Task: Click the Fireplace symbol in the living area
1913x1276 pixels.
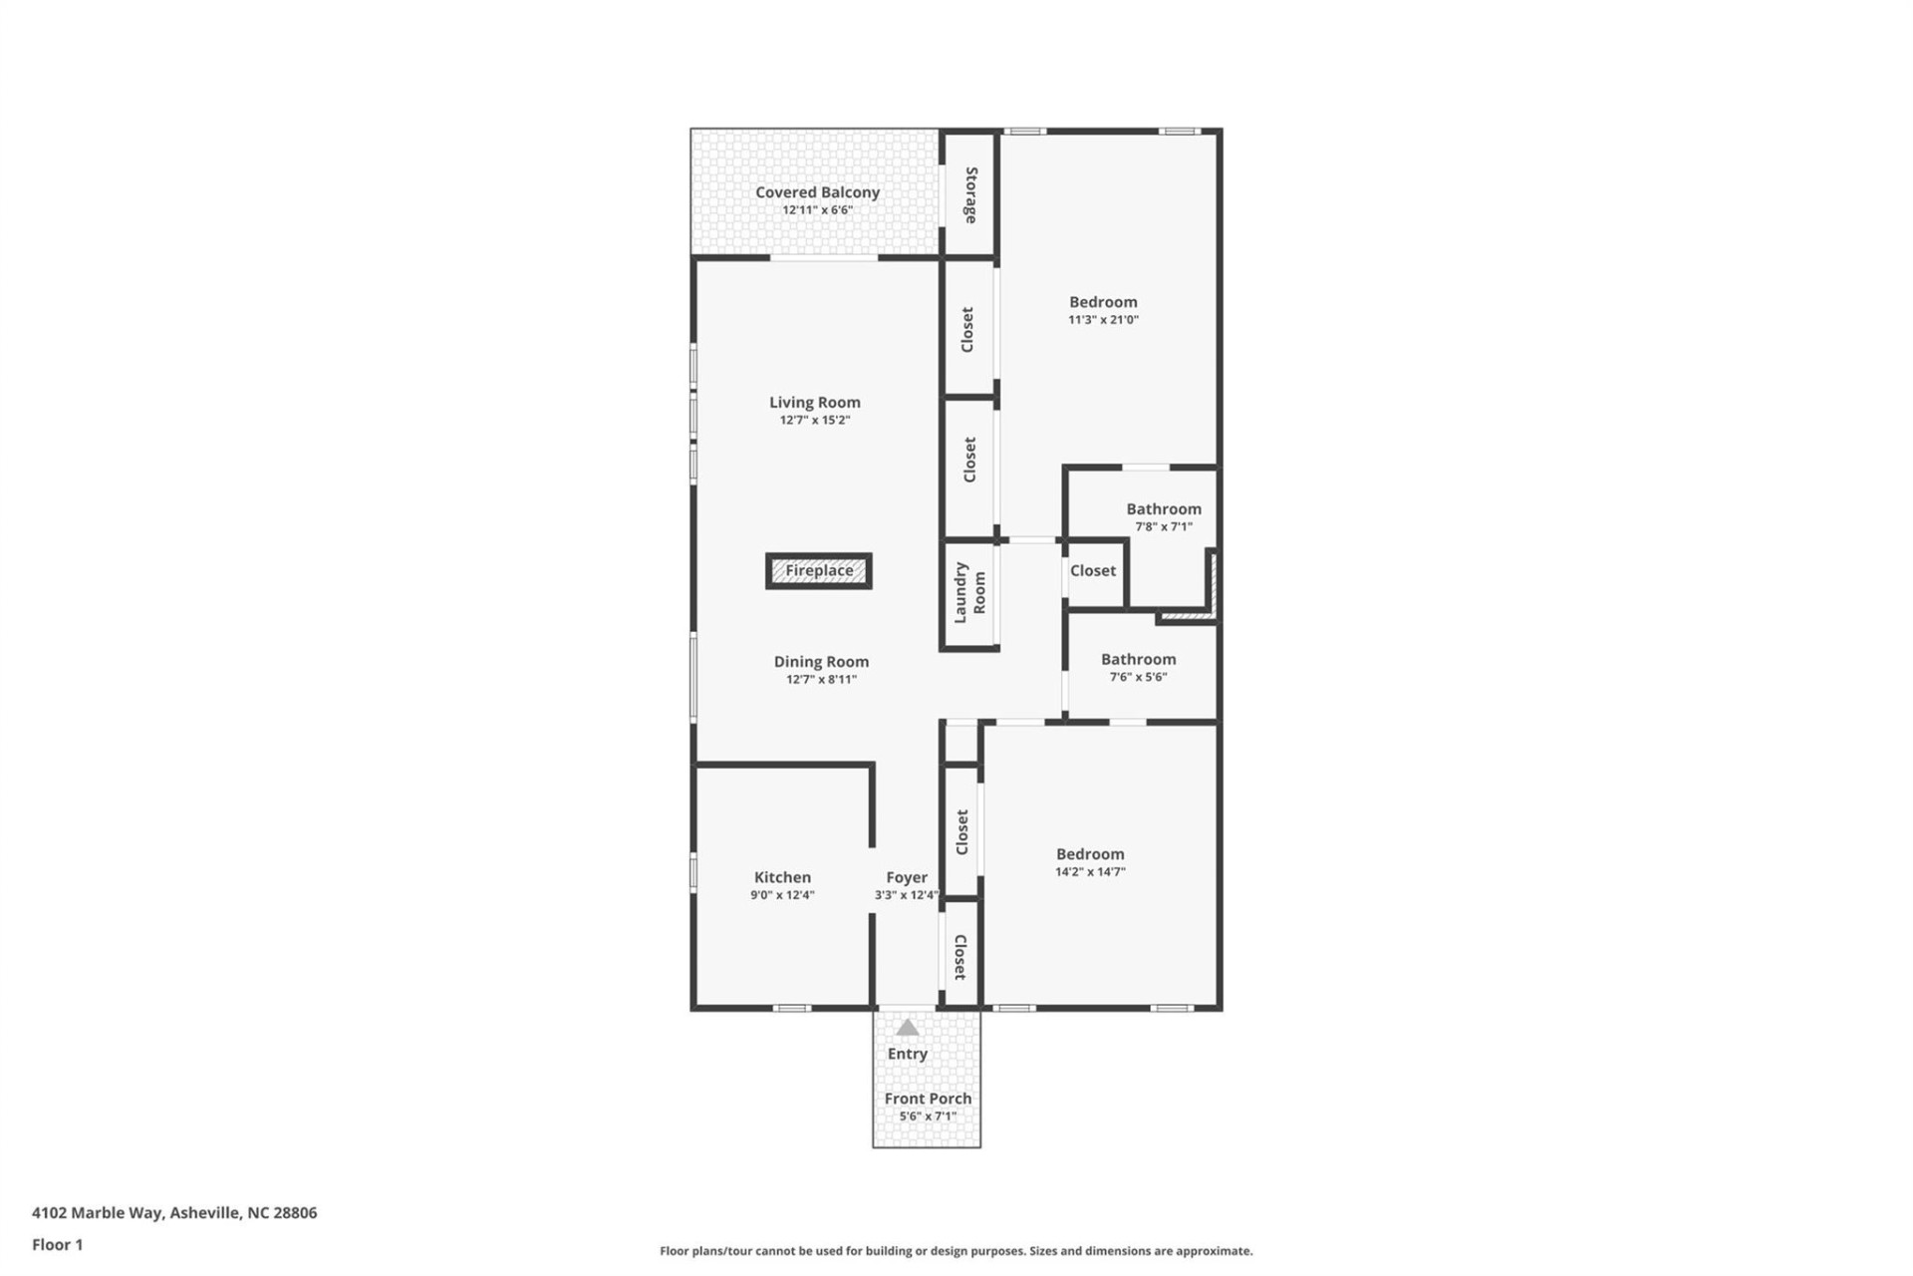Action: [819, 571]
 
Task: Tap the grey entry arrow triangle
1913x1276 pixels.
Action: [907, 1028]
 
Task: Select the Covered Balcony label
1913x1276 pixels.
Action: [817, 192]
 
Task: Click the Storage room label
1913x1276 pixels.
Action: [970, 194]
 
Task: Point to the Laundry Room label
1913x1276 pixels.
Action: [969, 593]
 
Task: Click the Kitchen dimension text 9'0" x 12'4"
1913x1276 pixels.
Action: [782, 895]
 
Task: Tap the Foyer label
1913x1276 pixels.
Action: [907, 877]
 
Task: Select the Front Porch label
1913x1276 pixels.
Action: [928, 1099]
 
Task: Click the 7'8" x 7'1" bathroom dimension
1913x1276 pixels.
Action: [1164, 526]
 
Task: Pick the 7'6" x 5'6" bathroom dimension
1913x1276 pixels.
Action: [1138, 677]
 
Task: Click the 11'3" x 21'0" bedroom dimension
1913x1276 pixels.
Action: [1103, 320]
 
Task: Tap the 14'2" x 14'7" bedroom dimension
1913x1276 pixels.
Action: [1090, 871]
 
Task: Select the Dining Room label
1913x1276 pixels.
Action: [821, 662]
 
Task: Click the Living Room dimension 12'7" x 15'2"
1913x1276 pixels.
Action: [814, 421]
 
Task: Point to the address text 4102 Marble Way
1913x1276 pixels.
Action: [174, 1213]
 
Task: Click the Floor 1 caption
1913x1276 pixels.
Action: [58, 1244]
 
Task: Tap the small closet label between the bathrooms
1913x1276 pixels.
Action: [1093, 571]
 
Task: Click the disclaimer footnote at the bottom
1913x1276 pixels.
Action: [956, 1251]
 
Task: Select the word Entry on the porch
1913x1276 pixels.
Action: [907, 1054]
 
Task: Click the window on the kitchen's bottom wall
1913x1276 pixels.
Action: [792, 1008]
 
